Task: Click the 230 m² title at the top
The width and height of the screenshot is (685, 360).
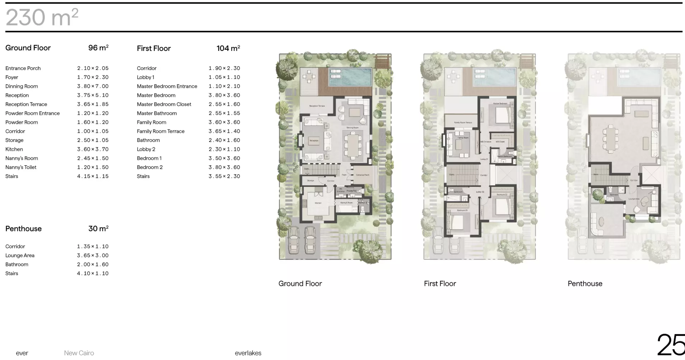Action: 42,17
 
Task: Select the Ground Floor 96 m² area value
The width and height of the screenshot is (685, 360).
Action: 98,48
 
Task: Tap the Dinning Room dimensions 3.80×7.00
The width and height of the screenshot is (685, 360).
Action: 93,86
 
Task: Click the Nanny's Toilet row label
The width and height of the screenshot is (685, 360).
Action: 21,167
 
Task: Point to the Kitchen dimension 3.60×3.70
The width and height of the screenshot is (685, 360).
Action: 93,149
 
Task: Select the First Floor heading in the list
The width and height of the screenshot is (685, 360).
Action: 153,48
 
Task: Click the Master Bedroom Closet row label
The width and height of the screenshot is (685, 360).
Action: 164,104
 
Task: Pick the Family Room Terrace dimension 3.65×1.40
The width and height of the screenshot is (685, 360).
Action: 224,131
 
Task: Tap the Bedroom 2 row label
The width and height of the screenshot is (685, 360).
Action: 150,167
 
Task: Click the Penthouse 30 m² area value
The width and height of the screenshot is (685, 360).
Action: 98,228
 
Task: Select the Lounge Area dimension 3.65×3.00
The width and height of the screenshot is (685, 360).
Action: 93,255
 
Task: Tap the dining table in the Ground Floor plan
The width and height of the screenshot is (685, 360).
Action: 353,145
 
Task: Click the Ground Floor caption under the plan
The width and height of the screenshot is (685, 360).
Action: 300,284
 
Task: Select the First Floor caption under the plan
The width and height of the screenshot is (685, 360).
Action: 440,284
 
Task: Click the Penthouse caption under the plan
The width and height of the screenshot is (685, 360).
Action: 585,284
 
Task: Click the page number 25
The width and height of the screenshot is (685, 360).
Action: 671,345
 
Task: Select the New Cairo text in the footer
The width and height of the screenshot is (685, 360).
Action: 79,353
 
